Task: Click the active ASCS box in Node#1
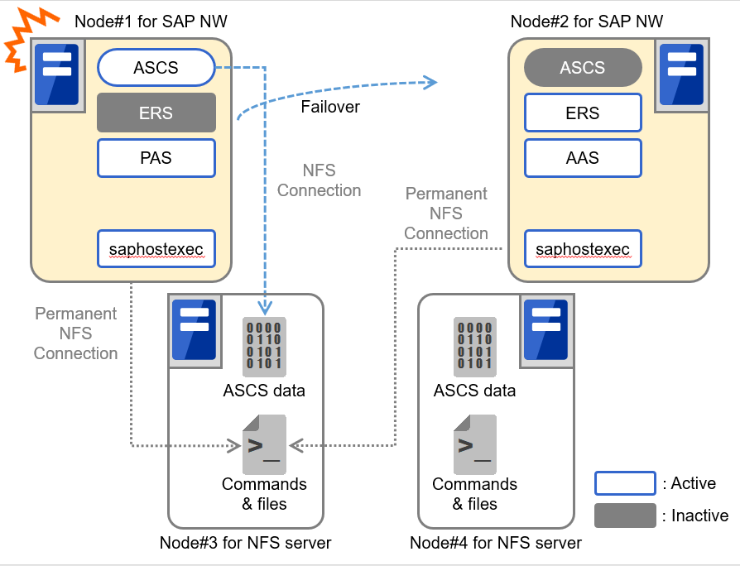point(156,68)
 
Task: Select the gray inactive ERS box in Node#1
point(156,113)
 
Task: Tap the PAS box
point(156,157)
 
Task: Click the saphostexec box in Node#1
point(156,248)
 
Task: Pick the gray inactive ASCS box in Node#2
point(583,68)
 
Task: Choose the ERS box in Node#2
point(583,113)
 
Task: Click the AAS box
point(583,157)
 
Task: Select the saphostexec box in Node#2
point(583,248)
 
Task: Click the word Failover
point(330,107)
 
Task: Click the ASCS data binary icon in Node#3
point(264,346)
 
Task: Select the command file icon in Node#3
point(264,444)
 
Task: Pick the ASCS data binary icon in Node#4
point(474,346)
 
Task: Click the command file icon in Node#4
point(474,444)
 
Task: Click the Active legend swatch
point(625,483)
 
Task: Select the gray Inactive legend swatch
point(625,516)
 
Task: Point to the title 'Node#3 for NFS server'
point(245,544)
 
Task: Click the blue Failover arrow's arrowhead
point(429,81)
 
